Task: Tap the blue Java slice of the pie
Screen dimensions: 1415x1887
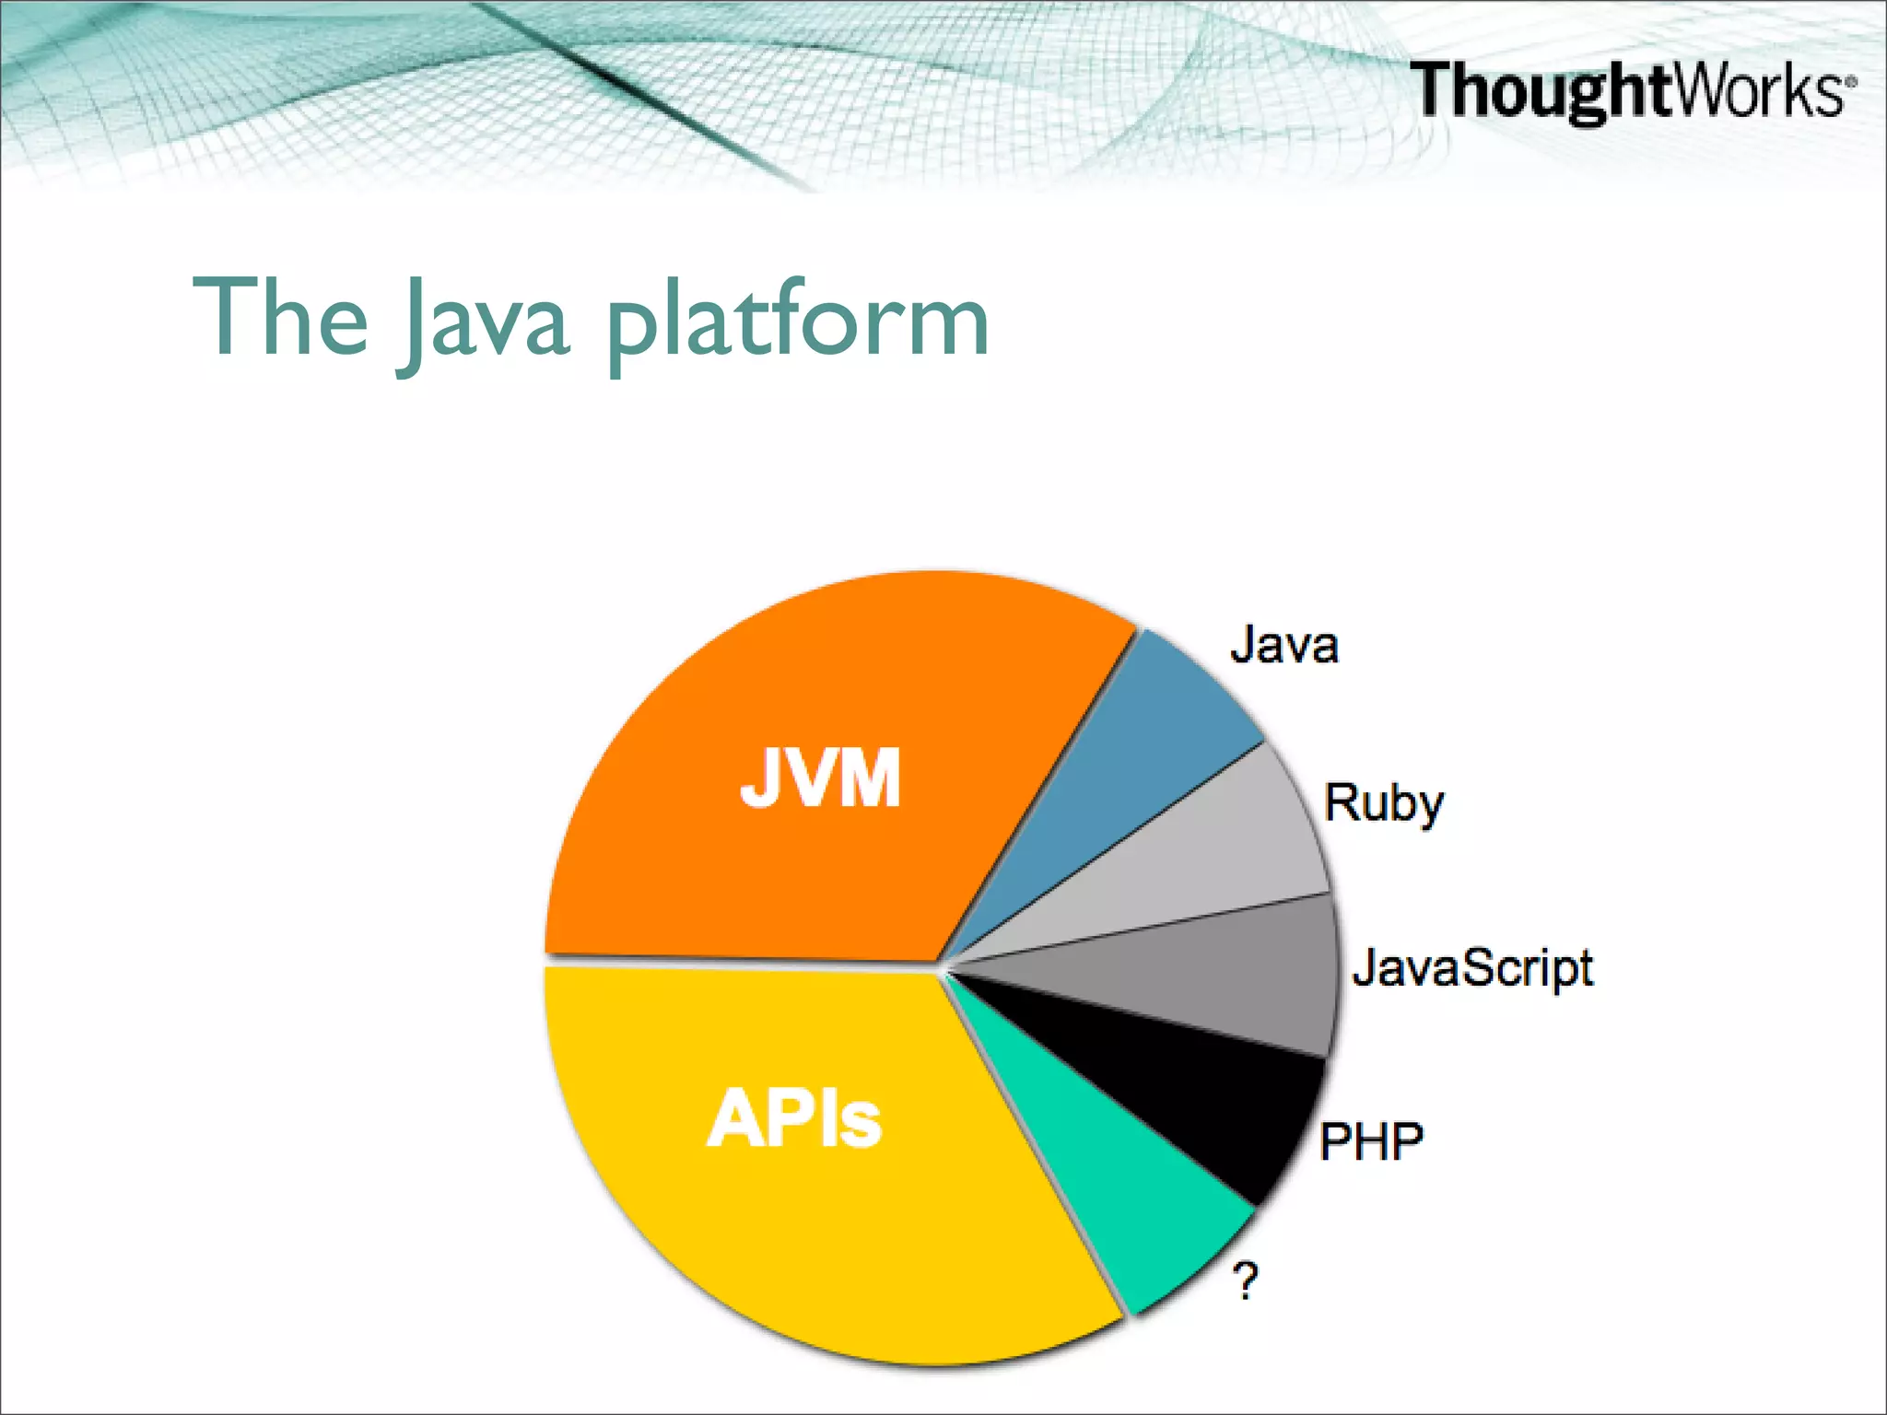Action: [1143, 755]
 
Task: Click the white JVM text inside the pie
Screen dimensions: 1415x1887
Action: [820, 778]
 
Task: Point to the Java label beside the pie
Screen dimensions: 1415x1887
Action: [1283, 645]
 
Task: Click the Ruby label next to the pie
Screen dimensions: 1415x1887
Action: [1382, 803]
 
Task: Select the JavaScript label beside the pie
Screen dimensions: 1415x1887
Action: [1471, 969]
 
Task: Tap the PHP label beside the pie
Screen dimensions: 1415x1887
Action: [1370, 1142]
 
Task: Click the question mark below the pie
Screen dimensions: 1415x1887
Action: [1245, 1281]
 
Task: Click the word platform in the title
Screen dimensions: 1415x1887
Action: [797, 322]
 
